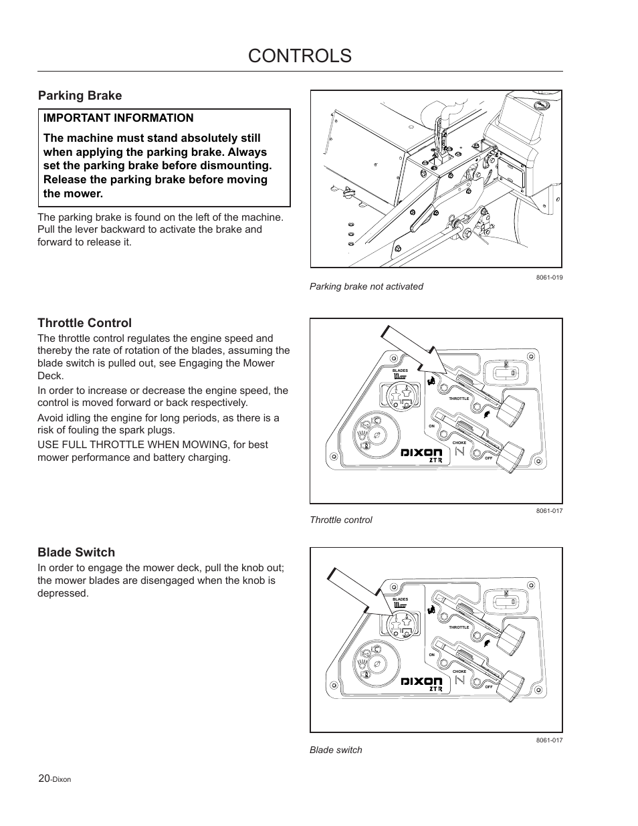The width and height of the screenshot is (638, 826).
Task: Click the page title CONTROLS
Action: (300, 56)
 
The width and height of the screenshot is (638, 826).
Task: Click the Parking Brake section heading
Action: (80, 96)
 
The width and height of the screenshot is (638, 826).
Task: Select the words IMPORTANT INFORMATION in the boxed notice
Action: (118, 118)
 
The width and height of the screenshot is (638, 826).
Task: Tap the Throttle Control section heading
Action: (84, 323)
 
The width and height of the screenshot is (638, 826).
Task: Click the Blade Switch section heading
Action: (76, 552)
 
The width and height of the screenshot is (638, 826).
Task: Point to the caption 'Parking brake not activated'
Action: (366, 286)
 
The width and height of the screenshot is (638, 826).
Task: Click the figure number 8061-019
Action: (549, 278)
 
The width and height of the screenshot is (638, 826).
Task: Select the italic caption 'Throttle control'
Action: (340, 520)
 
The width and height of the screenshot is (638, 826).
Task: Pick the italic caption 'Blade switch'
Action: (336, 750)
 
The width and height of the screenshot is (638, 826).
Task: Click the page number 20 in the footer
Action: (44, 779)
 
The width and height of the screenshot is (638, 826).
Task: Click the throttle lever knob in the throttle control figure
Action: (512, 405)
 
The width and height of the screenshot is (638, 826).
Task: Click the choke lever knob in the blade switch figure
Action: (512, 684)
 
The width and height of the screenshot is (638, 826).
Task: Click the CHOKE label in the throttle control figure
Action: (459, 443)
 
